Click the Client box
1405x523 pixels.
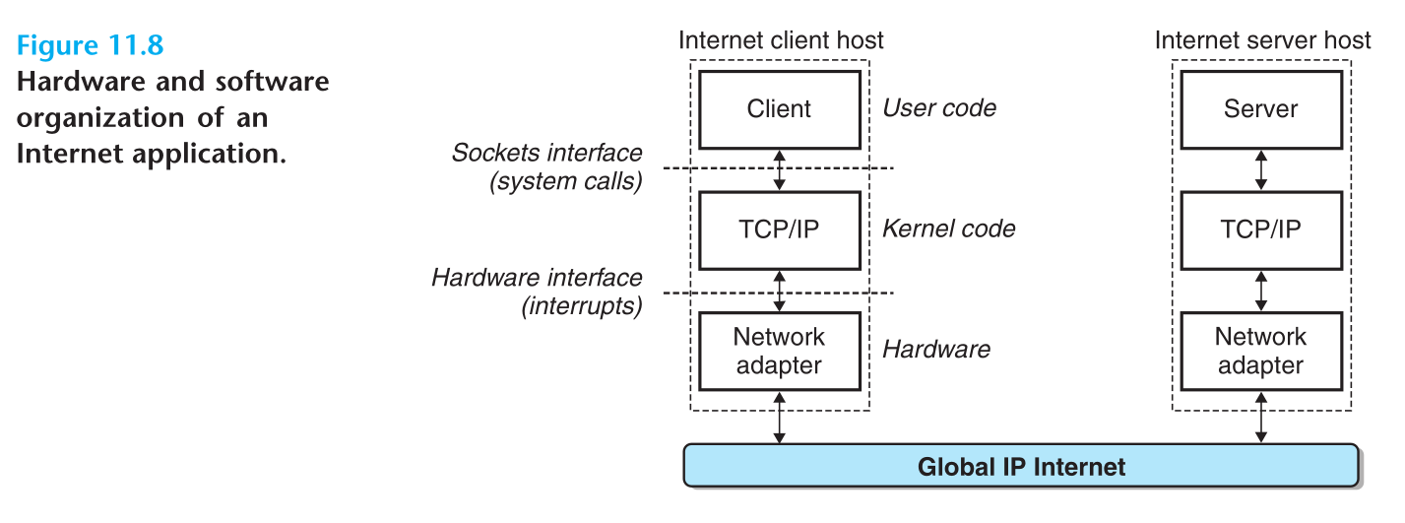779,108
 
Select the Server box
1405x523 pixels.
1260,108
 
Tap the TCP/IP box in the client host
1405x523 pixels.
779,229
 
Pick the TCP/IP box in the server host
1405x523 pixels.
1260,229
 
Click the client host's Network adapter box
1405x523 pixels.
779,351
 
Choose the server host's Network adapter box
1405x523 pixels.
1260,351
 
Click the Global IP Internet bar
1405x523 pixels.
1021,466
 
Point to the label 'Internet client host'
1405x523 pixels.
781,40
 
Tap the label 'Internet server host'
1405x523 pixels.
1262,40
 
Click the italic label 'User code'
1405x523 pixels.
939,108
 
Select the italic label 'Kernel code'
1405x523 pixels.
948,229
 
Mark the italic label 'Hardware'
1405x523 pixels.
935,350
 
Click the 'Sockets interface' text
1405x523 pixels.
546,154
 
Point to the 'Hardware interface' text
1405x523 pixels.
537,278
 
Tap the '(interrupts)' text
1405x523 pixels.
581,306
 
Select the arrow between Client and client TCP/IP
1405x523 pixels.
780,168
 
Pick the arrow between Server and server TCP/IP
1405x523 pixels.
1261,168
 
